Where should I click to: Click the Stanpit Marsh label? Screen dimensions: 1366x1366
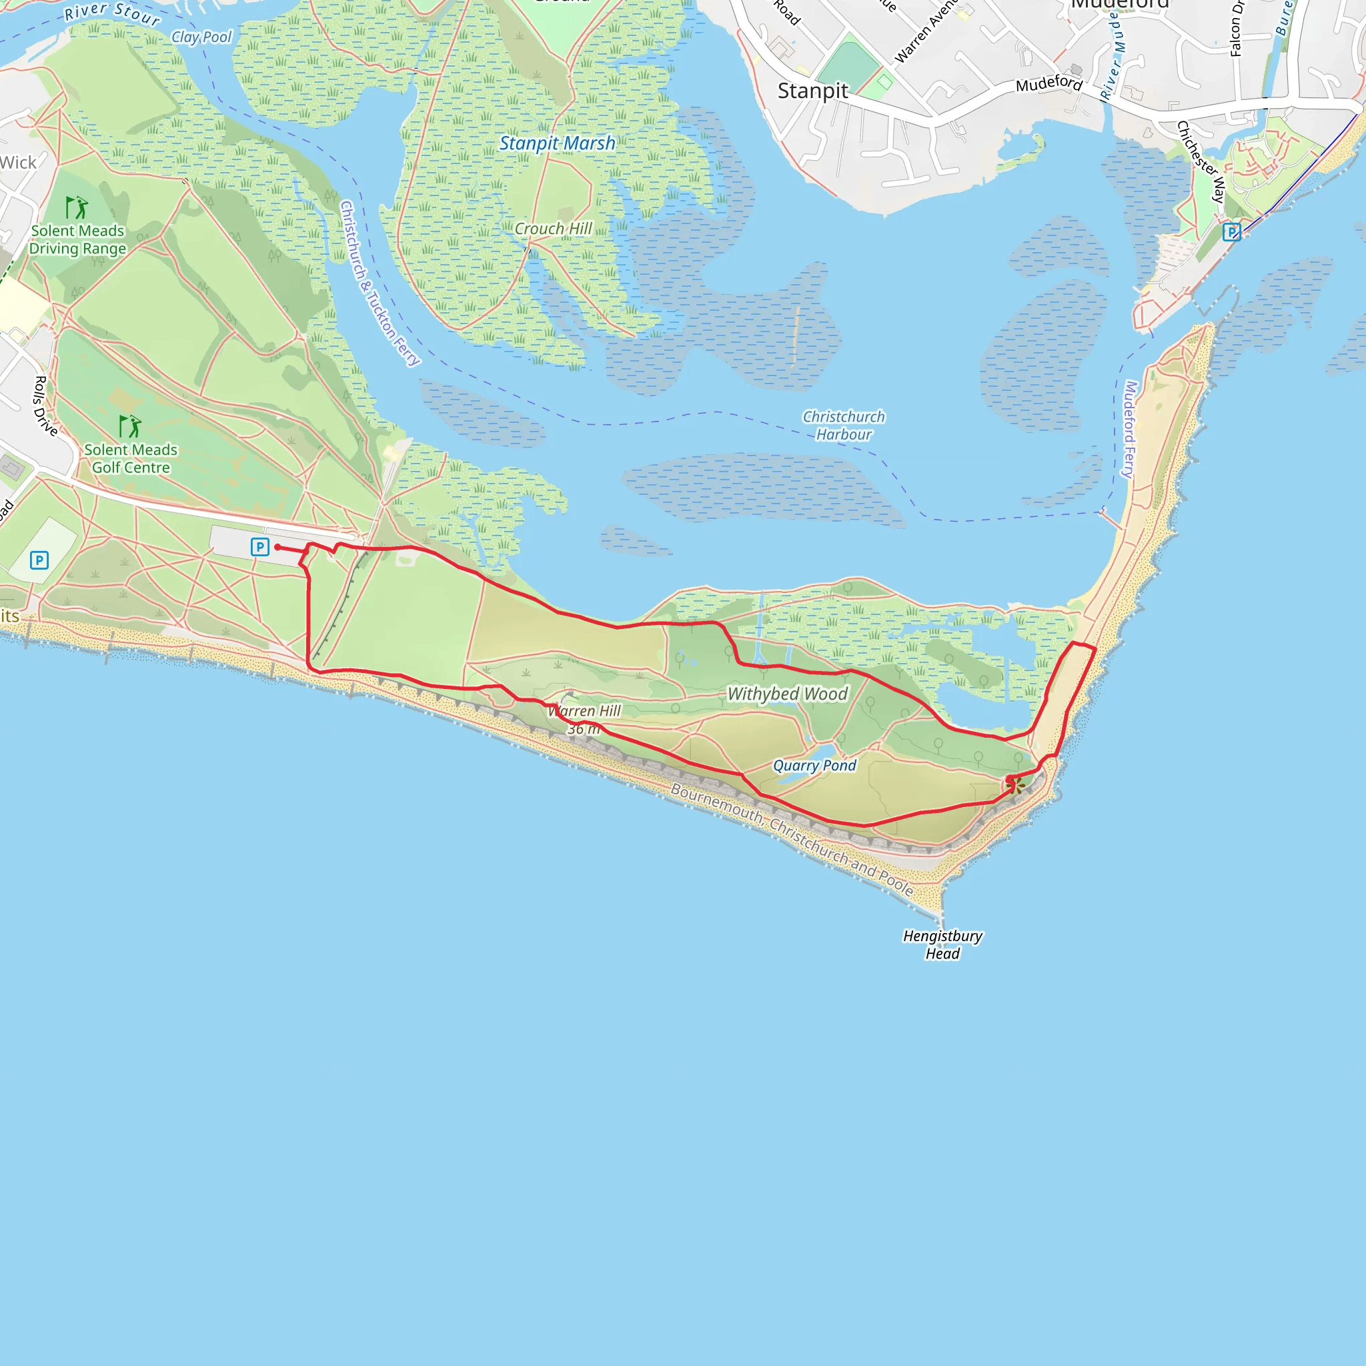click(x=557, y=143)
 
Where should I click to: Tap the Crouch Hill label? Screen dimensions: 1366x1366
click(x=553, y=229)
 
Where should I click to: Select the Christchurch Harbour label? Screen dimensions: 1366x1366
click(x=844, y=426)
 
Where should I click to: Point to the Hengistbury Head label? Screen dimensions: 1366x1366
click(x=942, y=944)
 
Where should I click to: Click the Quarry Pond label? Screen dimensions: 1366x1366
click(x=814, y=766)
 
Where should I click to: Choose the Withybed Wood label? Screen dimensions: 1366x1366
click(x=788, y=694)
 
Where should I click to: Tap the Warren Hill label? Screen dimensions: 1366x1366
click(x=585, y=712)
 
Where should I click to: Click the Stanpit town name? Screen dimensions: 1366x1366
click(x=812, y=91)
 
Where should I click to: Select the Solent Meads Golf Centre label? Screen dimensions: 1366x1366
click(x=131, y=459)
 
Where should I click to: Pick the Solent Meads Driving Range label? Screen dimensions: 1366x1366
click(x=78, y=239)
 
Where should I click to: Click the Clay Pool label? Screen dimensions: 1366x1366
click(x=201, y=37)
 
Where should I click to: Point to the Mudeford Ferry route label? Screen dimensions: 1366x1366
click(x=1130, y=429)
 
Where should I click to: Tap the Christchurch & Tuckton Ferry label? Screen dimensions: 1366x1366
click(x=380, y=283)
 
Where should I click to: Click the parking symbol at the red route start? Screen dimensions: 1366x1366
click(x=260, y=546)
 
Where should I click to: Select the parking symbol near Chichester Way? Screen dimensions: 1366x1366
click(x=1232, y=232)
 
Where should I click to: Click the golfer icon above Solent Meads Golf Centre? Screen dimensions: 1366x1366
click(x=130, y=426)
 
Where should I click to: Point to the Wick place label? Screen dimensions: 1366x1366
click(x=19, y=163)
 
